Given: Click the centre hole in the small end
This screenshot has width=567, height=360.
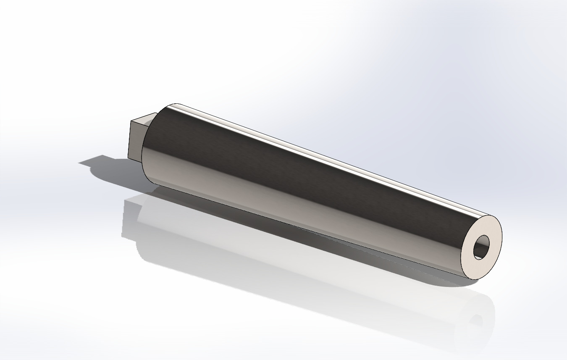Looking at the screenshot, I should [482, 247].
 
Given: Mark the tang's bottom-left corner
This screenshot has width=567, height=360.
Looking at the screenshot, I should [128, 158].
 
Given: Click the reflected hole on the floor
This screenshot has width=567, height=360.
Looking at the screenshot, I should [476, 321].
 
